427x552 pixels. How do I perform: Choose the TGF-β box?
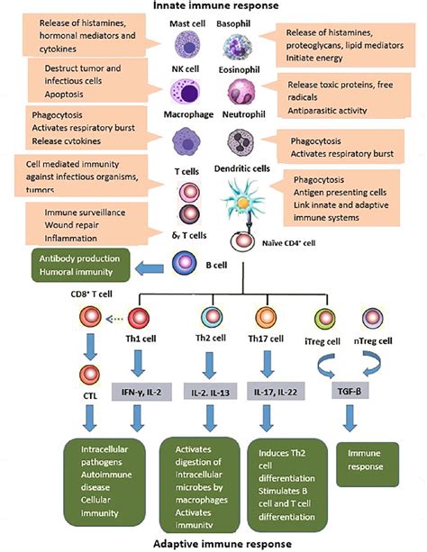[x=357, y=392]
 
